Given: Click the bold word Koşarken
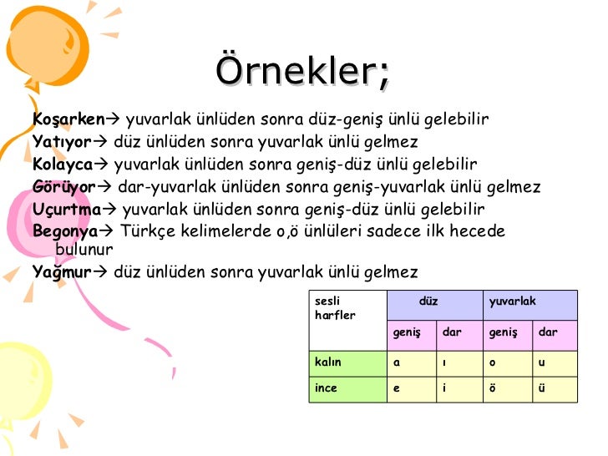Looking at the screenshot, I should point(69,119).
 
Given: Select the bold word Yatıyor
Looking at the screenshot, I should point(62,141).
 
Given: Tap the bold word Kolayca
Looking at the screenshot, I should point(63,164).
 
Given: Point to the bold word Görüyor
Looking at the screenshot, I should point(65,186).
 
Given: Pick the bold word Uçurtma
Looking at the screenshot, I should point(67,209).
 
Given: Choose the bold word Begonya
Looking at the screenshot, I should point(65,231).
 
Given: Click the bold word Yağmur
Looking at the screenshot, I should point(61,271).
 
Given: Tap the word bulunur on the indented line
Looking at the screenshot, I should point(84,249).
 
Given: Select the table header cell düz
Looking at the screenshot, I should point(428,301).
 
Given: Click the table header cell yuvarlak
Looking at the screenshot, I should point(512,301).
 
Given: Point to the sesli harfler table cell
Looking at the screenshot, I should point(335,308).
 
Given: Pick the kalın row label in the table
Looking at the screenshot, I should point(327,362).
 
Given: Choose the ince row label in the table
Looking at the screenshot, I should point(326,388).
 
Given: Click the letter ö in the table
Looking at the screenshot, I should point(493,388).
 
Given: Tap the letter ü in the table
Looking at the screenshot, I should point(542,388).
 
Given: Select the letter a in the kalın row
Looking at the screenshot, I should point(397,362).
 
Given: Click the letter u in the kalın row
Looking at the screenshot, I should point(542,362).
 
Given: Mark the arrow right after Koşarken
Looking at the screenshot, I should point(114,119).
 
